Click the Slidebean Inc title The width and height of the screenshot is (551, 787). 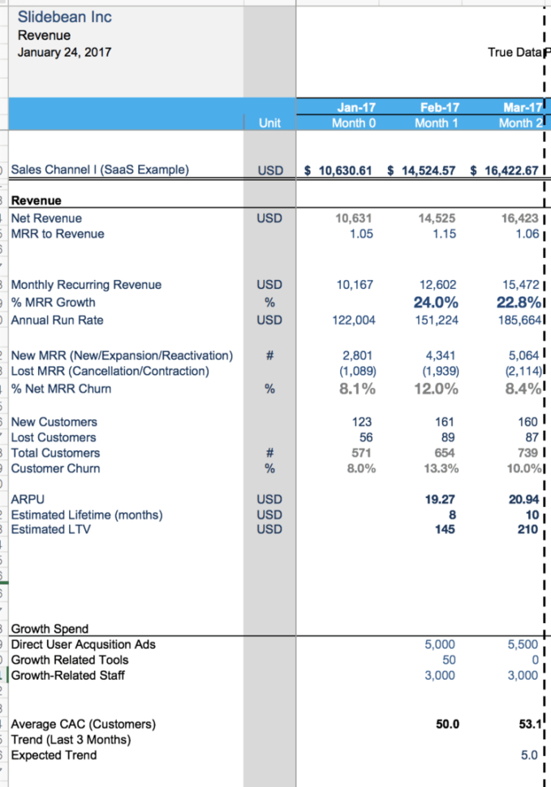(x=65, y=17)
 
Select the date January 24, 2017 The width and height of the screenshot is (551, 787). (x=65, y=53)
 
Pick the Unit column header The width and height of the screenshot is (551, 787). (x=269, y=123)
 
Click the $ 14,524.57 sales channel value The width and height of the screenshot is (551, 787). (x=424, y=170)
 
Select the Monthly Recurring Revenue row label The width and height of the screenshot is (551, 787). (x=86, y=285)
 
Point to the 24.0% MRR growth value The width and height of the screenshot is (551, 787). (x=439, y=303)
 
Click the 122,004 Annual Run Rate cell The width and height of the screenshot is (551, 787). (x=354, y=320)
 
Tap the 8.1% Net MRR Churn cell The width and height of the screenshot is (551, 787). (x=357, y=389)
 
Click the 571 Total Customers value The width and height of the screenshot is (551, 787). (x=362, y=453)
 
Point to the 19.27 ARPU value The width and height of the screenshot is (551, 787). (x=443, y=500)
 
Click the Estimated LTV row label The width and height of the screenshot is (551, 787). (x=50, y=530)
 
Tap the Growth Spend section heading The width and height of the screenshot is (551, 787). (x=50, y=629)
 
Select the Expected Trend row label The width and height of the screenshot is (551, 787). (x=54, y=755)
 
